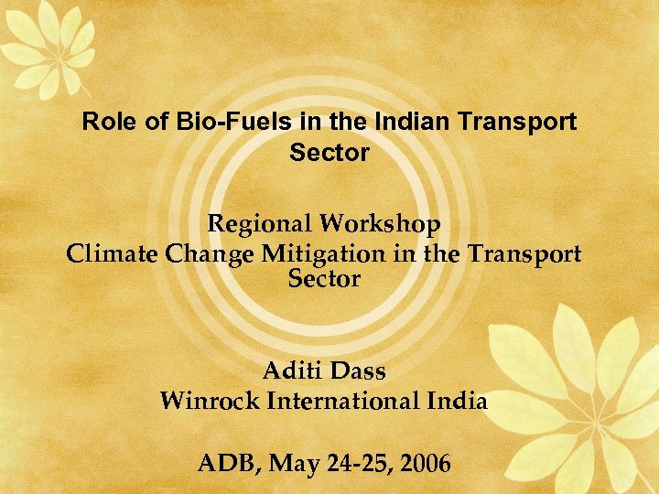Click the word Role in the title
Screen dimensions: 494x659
tap(104, 122)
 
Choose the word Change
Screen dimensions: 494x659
tap(201, 254)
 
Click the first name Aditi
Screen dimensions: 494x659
tap(289, 371)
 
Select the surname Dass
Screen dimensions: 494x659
tap(358, 371)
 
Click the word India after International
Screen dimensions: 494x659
tap(459, 401)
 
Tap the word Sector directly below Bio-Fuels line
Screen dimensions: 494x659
tap(329, 152)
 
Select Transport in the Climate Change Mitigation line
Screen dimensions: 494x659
tap(524, 254)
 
